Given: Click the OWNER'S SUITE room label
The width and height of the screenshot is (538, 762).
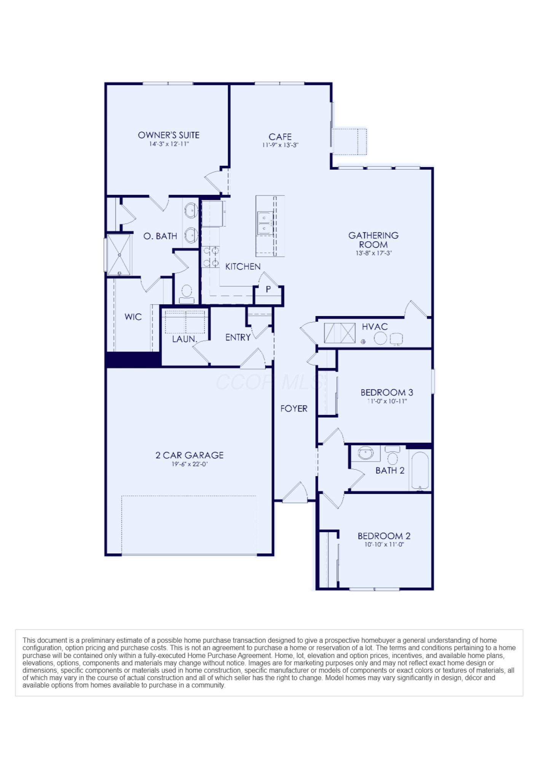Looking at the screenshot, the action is pyautogui.click(x=169, y=135).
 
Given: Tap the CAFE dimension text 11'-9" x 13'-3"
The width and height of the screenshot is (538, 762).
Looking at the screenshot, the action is pyautogui.click(x=280, y=145).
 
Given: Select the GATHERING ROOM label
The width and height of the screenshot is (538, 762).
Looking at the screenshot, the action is pyautogui.click(x=374, y=240).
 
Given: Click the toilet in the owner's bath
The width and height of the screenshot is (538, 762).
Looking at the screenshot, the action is pyautogui.click(x=187, y=294).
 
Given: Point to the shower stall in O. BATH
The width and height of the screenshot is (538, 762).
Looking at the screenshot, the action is pyautogui.click(x=119, y=255).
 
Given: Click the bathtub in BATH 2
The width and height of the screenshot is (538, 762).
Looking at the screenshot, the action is pyautogui.click(x=420, y=470).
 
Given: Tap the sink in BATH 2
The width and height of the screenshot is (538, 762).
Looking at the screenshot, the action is pyautogui.click(x=366, y=453).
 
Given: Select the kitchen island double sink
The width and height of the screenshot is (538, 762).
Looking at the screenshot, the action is pyautogui.click(x=265, y=223).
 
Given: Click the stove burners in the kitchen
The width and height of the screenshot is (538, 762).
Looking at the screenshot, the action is pyautogui.click(x=211, y=257).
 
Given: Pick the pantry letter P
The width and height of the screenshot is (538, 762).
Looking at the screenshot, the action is pyautogui.click(x=268, y=289).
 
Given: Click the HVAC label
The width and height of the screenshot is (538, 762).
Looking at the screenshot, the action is pyautogui.click(x=375, y=327).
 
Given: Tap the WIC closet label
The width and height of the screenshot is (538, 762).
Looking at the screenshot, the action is pyautogui.click(x=133, y=317).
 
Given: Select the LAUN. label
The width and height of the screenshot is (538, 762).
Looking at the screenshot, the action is pyautogui.click(x=185, y=339).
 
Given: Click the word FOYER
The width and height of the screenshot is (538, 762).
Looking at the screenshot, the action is pyautogui.click(x=294, y=409).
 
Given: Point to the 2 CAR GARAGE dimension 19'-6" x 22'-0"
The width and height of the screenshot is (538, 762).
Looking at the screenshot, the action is pyautogui.click(x=190, y=464).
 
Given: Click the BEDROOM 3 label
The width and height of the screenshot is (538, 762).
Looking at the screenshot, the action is pyautogui.click(x=387, y=392).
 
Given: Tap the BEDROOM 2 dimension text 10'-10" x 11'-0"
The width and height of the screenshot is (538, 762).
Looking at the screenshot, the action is pyautogui.click(x=384, y=544).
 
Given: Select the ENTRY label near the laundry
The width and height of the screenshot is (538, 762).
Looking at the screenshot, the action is pyautogui.click(x=238, y=337).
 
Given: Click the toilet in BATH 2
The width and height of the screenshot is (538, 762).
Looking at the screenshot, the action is pyautogui.click(x=392, y=455).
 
